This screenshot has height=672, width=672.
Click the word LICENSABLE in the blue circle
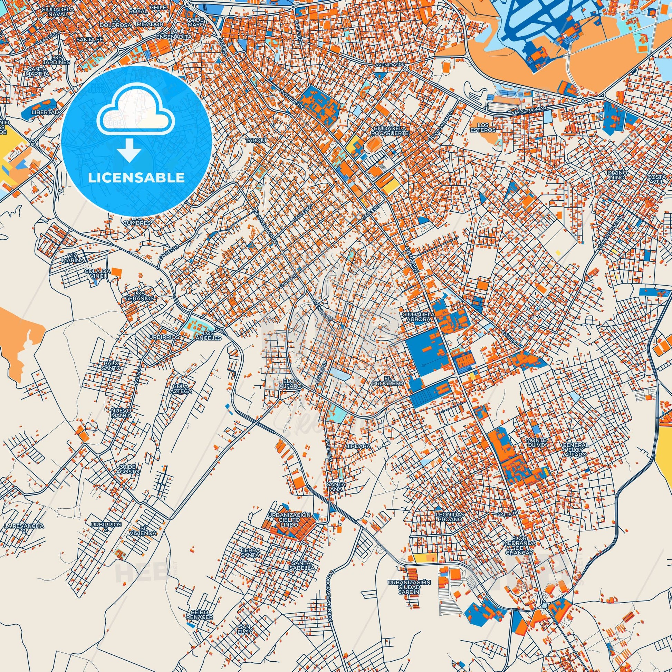tap(136, 177)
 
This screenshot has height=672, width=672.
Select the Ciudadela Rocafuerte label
tap(386, 130)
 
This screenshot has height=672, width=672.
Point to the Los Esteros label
tap(486, 127)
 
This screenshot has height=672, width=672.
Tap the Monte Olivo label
tap(537, 442)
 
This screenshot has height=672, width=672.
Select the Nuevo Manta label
tap(121, 413)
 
